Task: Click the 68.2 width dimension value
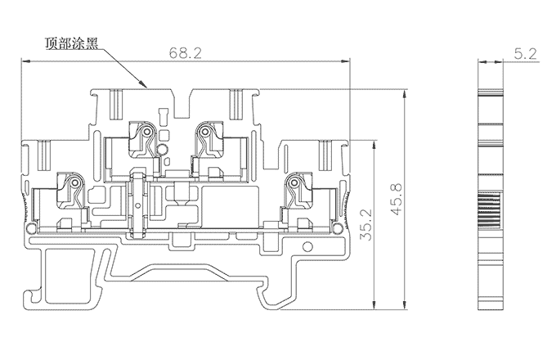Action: click(x=186, y=52)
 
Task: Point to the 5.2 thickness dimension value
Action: click(x=526, y=54)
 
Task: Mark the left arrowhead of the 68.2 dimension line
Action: click(x=24, y=61)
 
